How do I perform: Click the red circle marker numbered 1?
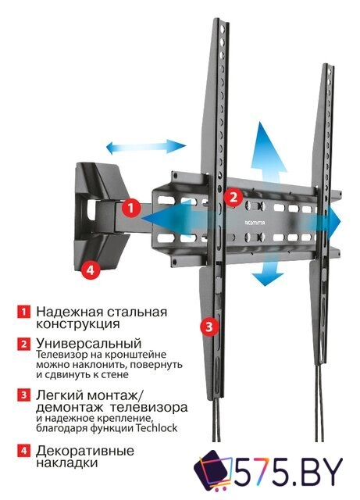[131, 209]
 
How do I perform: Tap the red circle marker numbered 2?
[232, 197]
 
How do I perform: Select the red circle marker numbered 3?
[208, 327]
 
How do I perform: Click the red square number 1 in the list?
[24, 312]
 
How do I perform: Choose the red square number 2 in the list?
[24, 344]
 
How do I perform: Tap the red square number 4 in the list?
[24, 451]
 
